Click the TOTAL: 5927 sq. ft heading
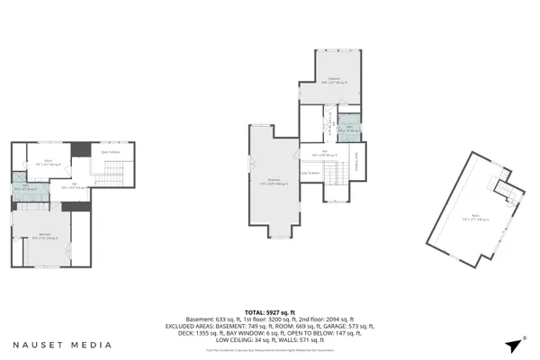(270, 311)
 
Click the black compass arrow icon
(514, 345)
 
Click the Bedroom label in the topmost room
(334, 80)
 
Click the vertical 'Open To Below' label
(357, 159)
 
